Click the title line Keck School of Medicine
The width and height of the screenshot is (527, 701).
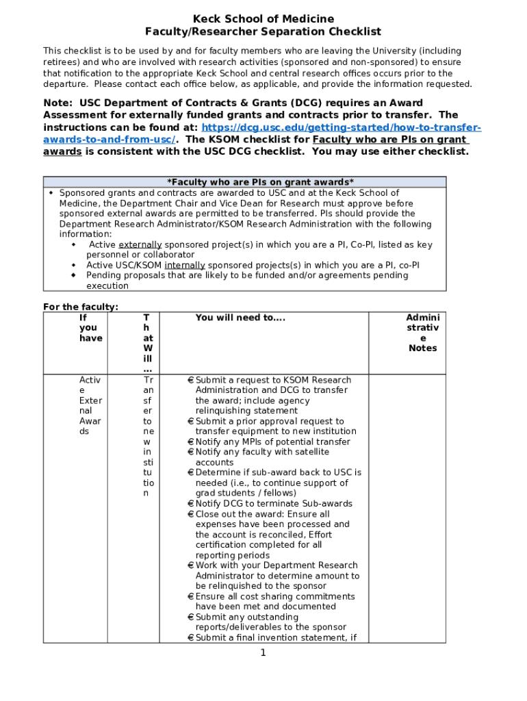(263, 18)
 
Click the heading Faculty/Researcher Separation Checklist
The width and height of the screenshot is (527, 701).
(263, 31)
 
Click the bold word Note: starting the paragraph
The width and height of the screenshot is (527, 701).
(58, 103)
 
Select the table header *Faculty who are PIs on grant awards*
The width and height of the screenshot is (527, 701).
(261, 182)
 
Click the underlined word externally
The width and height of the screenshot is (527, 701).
(140, 244)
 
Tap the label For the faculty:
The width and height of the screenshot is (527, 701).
(81, 307)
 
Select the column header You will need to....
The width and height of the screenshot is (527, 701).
(240, 318)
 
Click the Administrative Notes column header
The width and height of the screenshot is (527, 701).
(422, 333)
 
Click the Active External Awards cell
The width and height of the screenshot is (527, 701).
(90, 406)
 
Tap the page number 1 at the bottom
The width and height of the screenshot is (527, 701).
(263, 652)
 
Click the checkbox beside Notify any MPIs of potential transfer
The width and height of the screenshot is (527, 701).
(190, 442)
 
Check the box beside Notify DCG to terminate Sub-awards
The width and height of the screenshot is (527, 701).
(190, 504)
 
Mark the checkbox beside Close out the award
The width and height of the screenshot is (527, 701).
(190, 514)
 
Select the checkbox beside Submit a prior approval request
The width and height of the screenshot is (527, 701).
(190, 422)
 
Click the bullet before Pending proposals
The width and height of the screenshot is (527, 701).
(73, 275)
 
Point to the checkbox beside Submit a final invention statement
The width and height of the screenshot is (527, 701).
(190, 638)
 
